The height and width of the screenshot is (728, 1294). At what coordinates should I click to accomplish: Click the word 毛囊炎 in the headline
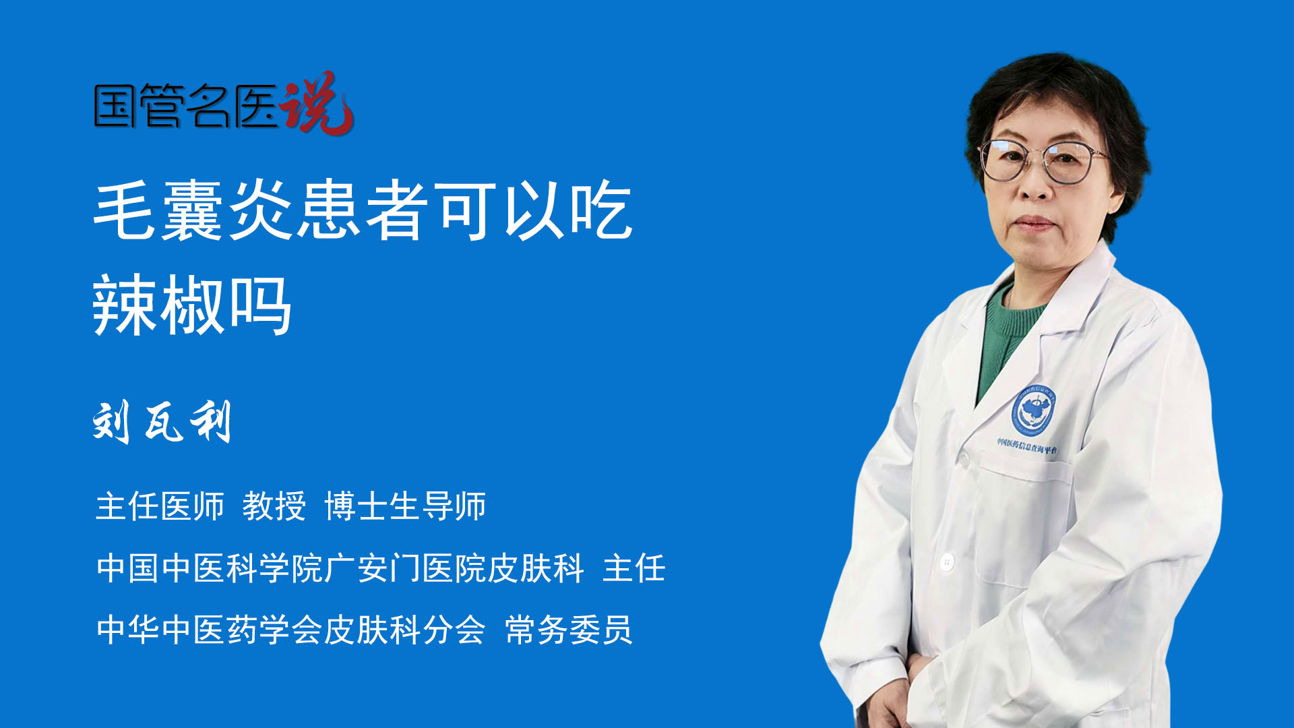(193, 210)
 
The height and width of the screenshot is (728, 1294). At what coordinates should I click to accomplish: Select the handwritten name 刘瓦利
(162, 422)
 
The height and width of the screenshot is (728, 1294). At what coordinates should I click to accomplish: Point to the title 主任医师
(160, 506)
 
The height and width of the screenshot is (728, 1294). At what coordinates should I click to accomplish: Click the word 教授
(274, 506)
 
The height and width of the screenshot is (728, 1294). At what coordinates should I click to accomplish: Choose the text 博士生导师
(405, 506)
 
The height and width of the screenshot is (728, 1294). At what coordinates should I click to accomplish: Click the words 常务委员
(569, 630)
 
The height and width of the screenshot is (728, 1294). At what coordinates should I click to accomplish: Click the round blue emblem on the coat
(1033, 410)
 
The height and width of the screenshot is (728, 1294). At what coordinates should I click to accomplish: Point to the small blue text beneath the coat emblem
(1027, 446)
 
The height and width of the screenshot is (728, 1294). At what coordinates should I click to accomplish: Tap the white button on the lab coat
(947, 561)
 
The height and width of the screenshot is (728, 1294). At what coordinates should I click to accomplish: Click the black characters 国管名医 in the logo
(185, 106)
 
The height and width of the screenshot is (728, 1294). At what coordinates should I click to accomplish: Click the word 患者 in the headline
(363, 210)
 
